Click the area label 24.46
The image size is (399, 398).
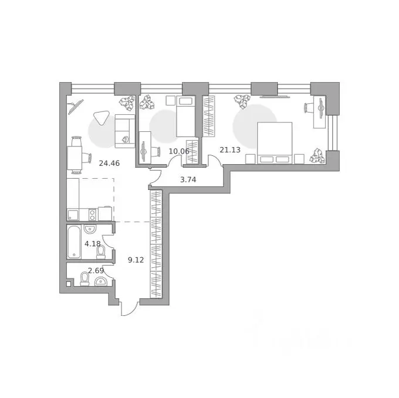(x=109, y=163)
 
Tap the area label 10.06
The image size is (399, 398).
(x=179, y=151)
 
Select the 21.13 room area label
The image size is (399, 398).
(x=230, y=149)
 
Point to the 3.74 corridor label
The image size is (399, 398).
(x=188, y=180)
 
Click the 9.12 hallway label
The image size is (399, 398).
(x=136, y=260)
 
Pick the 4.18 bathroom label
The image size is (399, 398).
(x=93, y=244)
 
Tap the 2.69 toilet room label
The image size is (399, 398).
(x=96, y=271)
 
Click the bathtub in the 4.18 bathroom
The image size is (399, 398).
(x=74, y=241)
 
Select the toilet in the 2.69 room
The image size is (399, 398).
(x=84, y=279)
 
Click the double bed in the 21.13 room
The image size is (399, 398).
(x=275, y=143)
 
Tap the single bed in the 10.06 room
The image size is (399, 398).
(x=185, y=117)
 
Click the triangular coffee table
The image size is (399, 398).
(x=101, y=118)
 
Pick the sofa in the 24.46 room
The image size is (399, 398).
(x=124, y=131)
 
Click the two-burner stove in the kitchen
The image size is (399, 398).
(x=92, y=215)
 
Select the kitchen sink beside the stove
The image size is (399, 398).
(x=73, y=215)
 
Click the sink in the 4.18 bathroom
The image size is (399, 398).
(x=90, y=229)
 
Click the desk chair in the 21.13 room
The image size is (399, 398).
(x=309, y=107)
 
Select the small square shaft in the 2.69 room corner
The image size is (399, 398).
(x=69, y=284)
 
